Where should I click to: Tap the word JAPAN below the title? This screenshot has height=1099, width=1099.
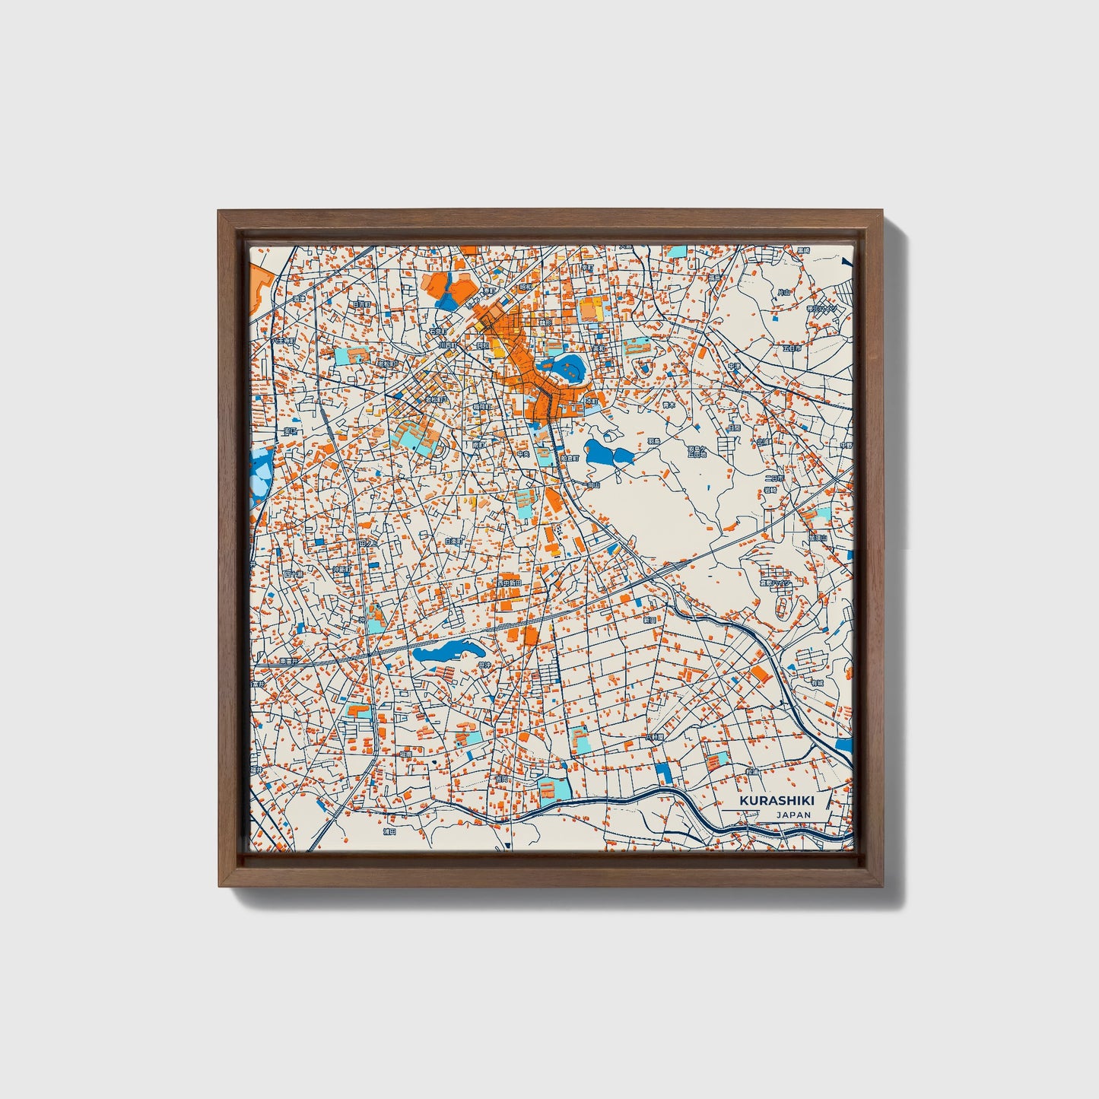(793, 815)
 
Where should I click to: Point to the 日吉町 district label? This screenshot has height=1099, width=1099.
(360, 303)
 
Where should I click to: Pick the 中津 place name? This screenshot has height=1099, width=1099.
(733, 367)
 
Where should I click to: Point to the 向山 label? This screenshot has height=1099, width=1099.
(593, 484)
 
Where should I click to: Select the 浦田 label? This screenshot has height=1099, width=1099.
(389, 831)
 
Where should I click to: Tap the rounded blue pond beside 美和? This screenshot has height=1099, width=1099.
(567, 369)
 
